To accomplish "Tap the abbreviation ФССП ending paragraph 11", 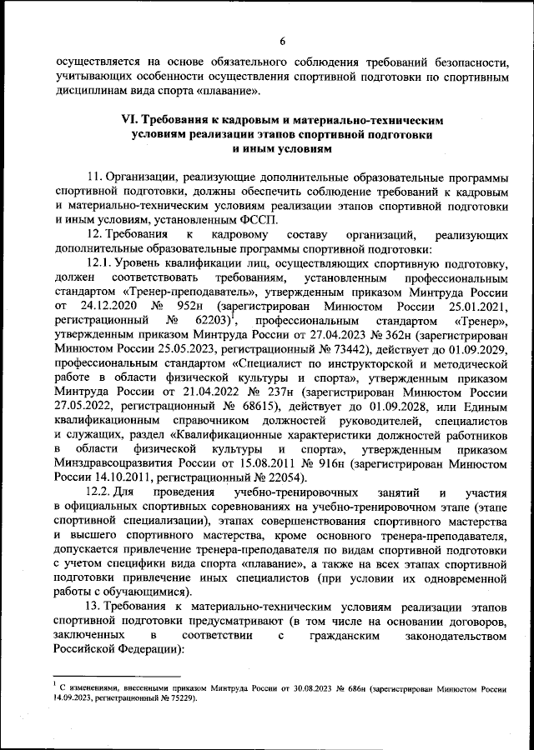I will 262,221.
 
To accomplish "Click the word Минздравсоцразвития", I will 108,463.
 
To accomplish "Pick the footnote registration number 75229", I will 180,699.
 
